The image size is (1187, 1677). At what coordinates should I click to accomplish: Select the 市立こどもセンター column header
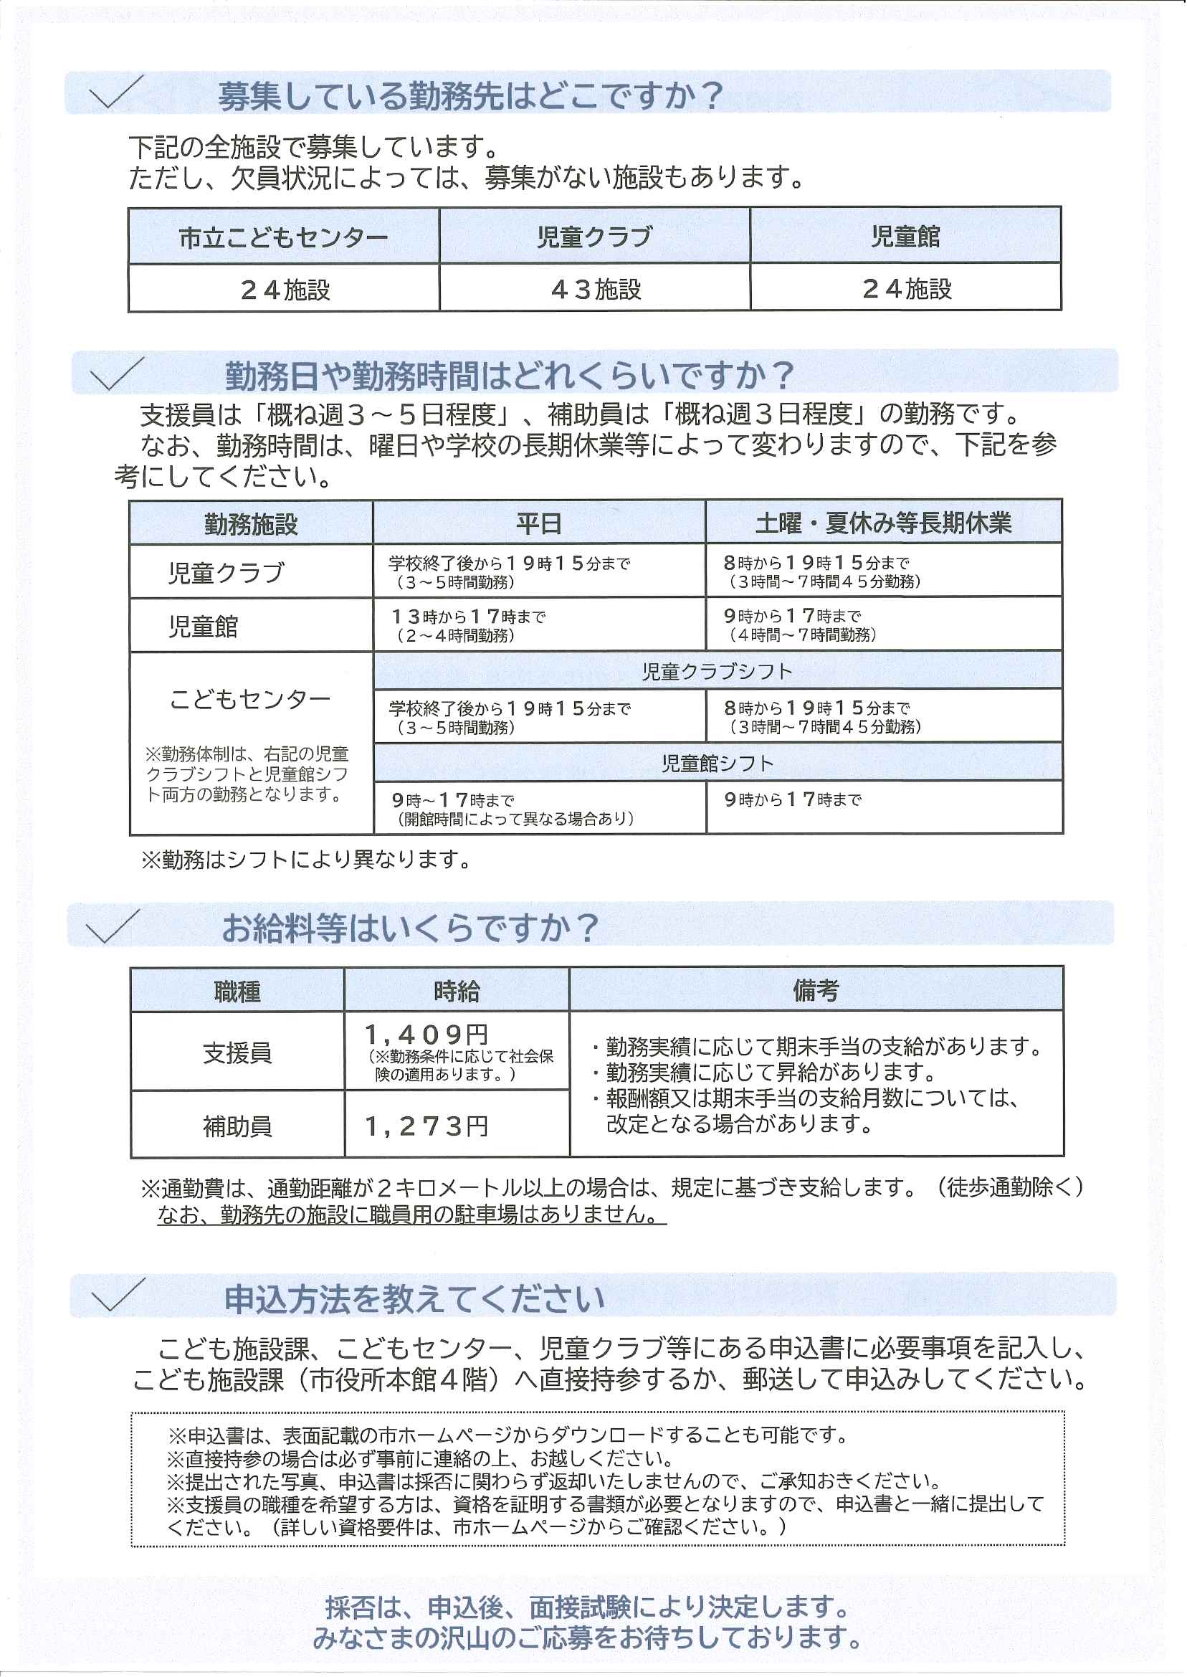[284, 237]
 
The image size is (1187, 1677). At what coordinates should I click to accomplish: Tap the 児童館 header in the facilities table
[905, 237]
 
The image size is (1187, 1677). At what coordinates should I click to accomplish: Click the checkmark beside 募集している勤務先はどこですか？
[114, 92]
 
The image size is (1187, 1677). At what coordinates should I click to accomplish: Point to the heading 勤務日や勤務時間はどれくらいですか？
[509, 375]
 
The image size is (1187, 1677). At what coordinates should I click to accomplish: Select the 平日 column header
[539, 523]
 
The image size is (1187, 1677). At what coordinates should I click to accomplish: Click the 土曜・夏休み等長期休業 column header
[883, 523]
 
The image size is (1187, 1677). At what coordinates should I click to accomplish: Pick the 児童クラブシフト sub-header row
[717, 671]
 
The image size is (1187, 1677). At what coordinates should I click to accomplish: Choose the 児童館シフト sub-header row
[717, 763]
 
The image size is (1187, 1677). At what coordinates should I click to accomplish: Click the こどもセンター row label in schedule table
[250, 700]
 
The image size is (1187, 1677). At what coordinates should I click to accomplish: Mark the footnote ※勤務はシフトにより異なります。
[307, 859]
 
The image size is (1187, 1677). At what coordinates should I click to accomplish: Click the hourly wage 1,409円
[426, 1035]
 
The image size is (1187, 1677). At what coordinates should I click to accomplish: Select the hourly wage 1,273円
[426, 1126]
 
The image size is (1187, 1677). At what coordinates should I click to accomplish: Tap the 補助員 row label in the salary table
[237, 1126]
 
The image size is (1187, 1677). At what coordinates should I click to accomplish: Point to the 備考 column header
[816, 991]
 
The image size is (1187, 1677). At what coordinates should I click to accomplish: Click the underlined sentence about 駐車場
[411, 1215]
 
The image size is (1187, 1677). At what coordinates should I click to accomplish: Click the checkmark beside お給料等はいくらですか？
[112, 926]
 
